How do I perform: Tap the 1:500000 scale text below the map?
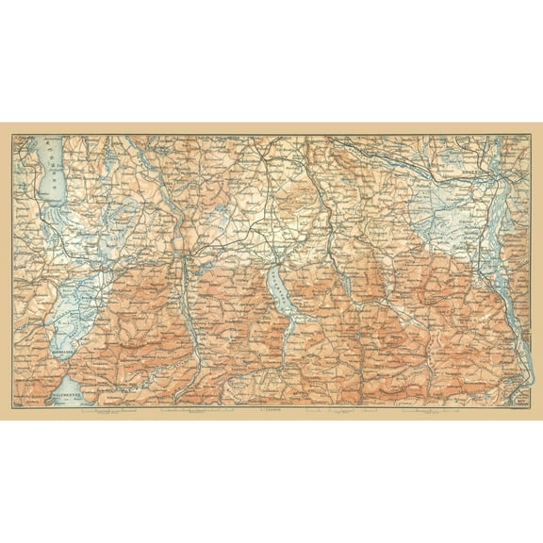point(271,412)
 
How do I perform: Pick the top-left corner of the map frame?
point(11,135)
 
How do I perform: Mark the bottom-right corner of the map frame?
point(531,407)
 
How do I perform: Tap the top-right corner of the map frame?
point(531,135)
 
